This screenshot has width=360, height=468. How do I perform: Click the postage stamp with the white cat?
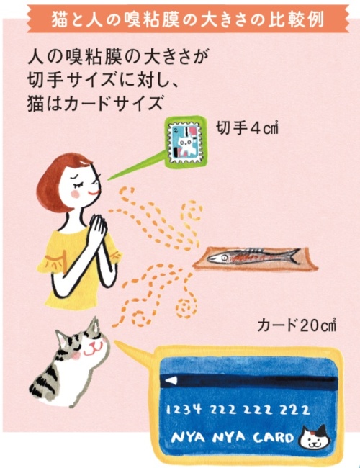[185, 143]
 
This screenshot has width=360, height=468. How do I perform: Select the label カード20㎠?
[297, 325]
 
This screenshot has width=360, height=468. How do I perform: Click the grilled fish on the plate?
[253, 255]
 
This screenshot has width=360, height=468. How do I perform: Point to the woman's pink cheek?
[75, 194]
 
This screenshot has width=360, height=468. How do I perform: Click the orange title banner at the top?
[188, 19]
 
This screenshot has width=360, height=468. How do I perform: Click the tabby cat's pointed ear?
[94, 326]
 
